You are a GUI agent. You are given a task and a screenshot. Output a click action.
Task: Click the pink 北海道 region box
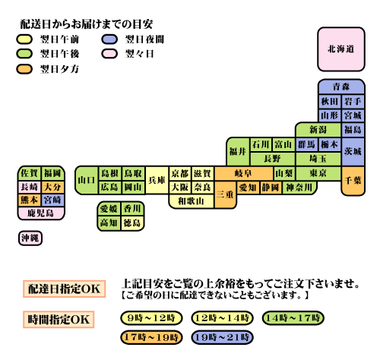[x=341, y=49]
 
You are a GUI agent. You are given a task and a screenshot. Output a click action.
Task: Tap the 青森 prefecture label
[x=341, y=87]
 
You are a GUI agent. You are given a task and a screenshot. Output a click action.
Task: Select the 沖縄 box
[x=30, y=238]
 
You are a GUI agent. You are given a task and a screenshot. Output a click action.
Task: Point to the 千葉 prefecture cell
[x=353, y=181]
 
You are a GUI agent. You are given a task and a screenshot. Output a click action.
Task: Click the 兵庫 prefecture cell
[x=157, y=180]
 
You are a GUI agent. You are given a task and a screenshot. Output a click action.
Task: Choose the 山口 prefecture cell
[x=87, y=180]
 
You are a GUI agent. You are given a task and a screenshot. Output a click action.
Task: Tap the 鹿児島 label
[x=40, y=213]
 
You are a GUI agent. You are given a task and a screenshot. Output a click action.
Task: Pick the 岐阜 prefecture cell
[x=243, y=173]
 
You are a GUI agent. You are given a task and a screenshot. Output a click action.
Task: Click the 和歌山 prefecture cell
[x=192, y=201]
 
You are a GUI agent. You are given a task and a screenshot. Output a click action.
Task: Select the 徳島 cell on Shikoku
[x=132, y=223]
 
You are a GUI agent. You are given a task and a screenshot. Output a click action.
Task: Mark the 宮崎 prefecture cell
[x=52, y=200]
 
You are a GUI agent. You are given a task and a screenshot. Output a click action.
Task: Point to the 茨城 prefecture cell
[x=353, y=152]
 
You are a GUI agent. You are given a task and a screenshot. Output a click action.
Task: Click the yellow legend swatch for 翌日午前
[x=24, y=39]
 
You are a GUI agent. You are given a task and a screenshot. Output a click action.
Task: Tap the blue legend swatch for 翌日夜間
[x=109, y=39]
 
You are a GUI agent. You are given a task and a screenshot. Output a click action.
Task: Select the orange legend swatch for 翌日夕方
[x=24, y=69]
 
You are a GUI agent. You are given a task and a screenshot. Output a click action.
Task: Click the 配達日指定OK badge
[x=64, y=289]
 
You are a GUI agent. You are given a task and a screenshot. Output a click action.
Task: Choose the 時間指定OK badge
[x=59, y=320]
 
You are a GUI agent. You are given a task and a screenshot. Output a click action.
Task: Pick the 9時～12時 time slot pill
[x=151, y=318]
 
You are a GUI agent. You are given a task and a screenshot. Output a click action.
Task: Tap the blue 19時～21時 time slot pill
[x=222, y=337]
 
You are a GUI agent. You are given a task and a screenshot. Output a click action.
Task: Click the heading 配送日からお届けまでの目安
[x=87, y=24]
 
